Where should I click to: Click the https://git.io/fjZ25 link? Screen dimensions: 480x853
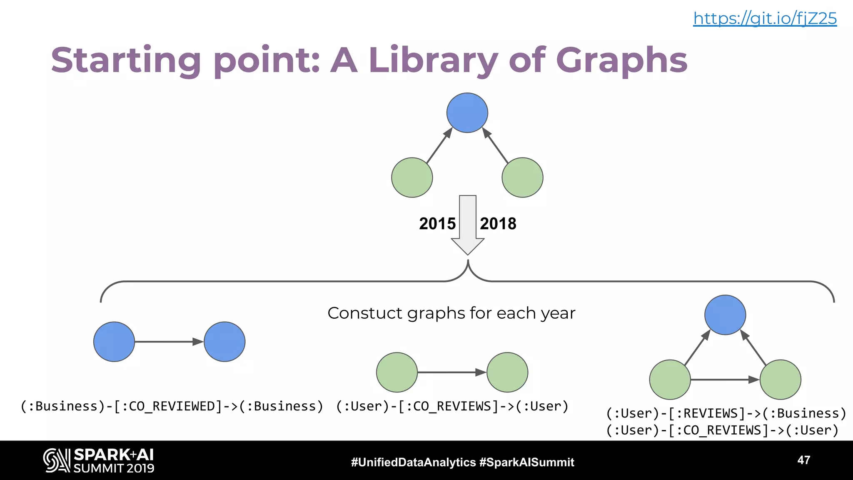click(x=765, y=18)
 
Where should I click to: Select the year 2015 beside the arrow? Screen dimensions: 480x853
click(x=437, y=224)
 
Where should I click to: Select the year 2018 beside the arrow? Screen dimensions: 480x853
click(x=498, y=224)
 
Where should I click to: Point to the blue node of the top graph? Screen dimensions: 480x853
click(x=467, y=112)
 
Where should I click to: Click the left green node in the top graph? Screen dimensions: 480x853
click(x=412, y=177)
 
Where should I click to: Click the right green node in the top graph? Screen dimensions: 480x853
click(x=522, y=177)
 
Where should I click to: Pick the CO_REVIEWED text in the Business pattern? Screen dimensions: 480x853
click(x=175, y=406)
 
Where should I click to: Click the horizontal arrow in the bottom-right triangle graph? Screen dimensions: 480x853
click(x=725, y=380)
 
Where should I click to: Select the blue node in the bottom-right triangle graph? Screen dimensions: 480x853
click(x=725, y=315)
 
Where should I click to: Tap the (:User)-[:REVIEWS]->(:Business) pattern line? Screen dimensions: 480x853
click(x=726, y=413)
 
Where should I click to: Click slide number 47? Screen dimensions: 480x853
click(x=803, y=460)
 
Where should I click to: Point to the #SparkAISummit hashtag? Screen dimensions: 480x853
click(x=527, y=462)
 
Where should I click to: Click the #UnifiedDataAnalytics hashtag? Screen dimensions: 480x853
click(x=413, y=462)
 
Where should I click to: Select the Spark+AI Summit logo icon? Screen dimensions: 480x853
click(x=56, y=460)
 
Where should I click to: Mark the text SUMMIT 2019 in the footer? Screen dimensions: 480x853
click(x=114, y=468)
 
